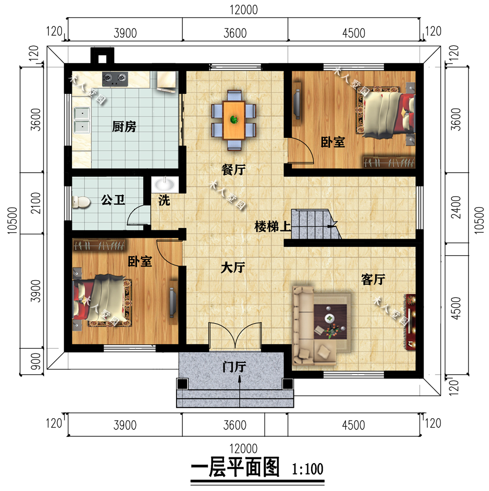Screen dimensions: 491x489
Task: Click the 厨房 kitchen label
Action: click(x=124, y=127)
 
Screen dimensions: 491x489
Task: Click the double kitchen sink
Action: click(x=82, y=120)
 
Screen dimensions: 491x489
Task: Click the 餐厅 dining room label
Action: click(x=233, y=170)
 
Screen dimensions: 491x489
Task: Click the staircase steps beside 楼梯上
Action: click(x=313, y=224)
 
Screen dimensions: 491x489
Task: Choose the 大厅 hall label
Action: click(x=232, y=268)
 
